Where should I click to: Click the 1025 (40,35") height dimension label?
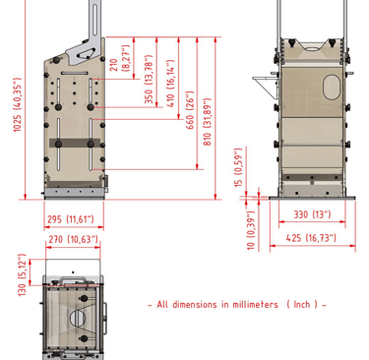click(x=17, y=105)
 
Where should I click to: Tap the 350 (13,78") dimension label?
click(x=149, y=79)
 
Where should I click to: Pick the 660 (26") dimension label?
click(x=190, y=110)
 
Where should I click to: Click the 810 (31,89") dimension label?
click(x=208, y=122)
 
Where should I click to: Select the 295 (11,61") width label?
click(x=71, y=219)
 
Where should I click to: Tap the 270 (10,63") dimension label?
click(x=73, y=239)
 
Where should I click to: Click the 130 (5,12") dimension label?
click(x=22, y=274)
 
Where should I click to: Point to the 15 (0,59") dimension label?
click(x=238, y=167)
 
